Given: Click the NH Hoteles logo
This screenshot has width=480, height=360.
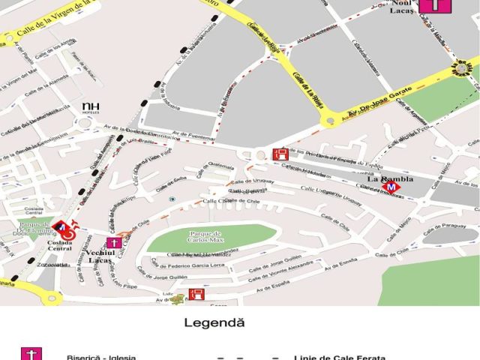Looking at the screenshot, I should [91, 108].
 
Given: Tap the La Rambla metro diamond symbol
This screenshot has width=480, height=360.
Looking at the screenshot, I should [390, 187].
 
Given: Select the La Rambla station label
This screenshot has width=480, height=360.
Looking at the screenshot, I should [385, 178].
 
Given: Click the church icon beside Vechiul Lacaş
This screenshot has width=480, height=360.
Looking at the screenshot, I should [114, 242].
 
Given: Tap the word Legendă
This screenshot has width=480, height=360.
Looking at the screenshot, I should [214, 322].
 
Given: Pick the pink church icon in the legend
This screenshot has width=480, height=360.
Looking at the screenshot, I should [31, 354].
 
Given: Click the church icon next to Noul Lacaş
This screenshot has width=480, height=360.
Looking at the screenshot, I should [436, 7].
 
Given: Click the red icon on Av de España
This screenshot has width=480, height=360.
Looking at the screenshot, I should [196, 294].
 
